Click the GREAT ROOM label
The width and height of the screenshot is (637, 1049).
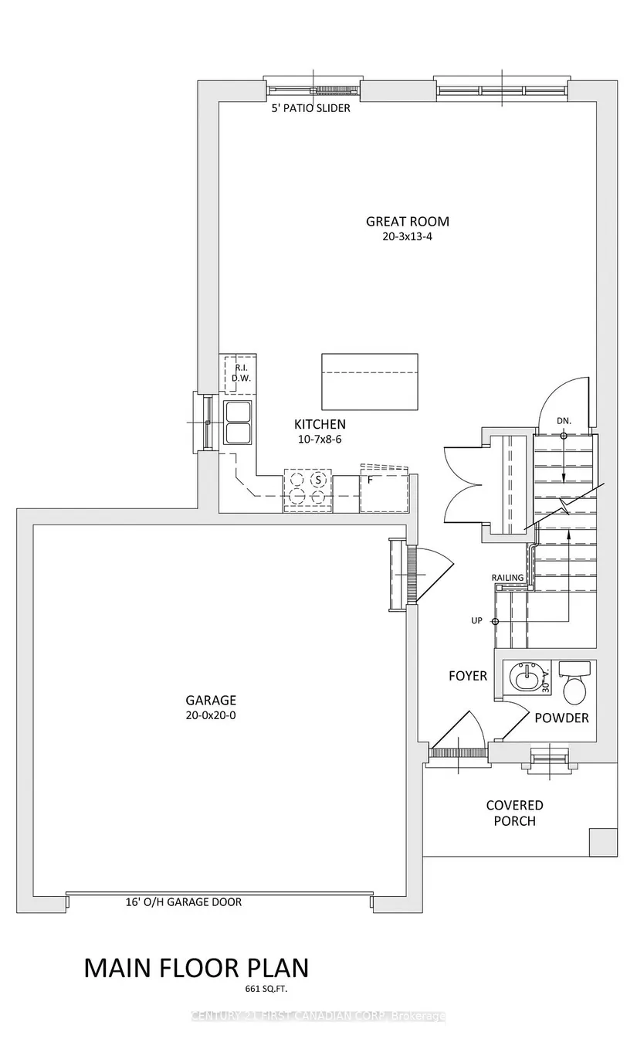pos(407,221)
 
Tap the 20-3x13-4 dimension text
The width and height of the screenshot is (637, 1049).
pos(407,236)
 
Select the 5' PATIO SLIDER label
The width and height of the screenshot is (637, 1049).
pos(310,108)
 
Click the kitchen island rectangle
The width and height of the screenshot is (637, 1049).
pos(370,382)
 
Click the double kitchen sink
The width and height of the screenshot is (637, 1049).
pos(239,423)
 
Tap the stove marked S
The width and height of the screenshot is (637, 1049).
pos(307,491)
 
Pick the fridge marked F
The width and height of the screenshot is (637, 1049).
pos(384,491)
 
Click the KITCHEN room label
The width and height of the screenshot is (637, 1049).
pos(320,424)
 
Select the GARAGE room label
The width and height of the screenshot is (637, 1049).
pos(211,700)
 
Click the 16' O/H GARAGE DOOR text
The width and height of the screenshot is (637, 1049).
pos(184,902)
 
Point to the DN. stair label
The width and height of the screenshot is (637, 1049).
pos(564,421)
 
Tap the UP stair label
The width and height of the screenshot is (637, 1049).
pos(476,621)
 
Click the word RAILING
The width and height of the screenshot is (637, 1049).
pos(507,578)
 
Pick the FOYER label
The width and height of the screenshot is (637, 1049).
pos(468,676)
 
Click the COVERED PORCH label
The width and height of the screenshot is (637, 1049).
pos(514,813)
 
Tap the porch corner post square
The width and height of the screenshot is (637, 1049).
pos(603,842)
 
